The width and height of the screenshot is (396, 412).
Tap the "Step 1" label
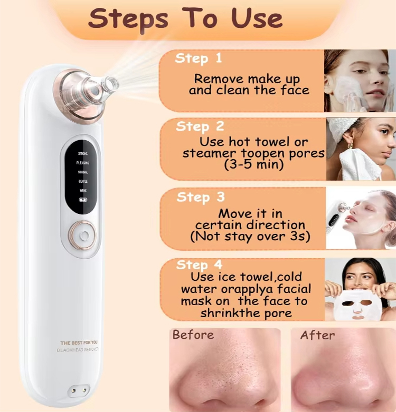[x=199, y=58]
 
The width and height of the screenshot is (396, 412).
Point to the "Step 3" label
[x=201, y=197]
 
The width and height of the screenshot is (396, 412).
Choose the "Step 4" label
[x=200, y=264]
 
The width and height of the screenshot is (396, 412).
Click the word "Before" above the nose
[x=193, y=335]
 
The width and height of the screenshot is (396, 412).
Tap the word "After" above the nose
[x=318, y=335]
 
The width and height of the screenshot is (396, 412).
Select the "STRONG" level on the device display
[x=83, y=153]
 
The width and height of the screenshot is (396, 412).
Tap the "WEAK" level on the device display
[x=83, y=190]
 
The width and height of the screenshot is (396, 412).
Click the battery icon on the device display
[x=83, y=200]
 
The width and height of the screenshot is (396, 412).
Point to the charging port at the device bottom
[x=78, y=391]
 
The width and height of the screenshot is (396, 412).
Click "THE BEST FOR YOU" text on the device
[x=79, y=342]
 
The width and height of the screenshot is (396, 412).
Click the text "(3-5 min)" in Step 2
[x=253, y=164]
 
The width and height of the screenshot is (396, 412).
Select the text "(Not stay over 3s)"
[x=250, y=237]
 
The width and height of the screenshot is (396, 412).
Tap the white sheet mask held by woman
[x=359, y=306]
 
